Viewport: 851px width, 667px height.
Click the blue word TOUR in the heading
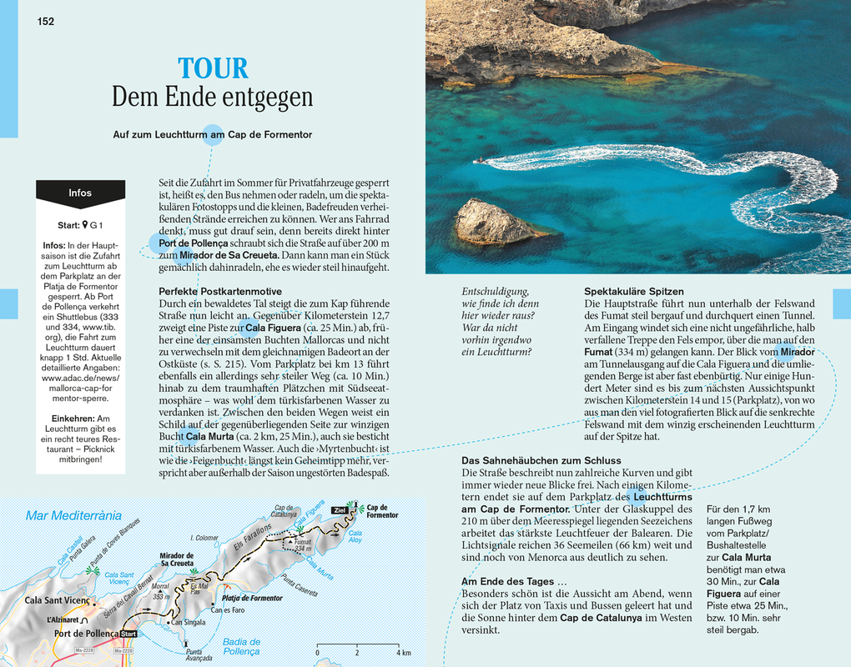click(213, 68)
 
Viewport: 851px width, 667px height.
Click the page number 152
click(46, 21)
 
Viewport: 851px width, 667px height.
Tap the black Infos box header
click(80, 193)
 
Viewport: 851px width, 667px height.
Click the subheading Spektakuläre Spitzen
click(634, 291)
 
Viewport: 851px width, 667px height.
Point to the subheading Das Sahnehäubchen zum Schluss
click(541, 460)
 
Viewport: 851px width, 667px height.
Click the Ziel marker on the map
click(339, 509)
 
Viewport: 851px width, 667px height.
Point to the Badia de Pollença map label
click(241, 646)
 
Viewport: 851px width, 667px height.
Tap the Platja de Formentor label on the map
click(251, 598)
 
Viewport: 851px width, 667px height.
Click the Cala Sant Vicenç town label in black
click(58, 600)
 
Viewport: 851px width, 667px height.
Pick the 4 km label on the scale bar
click(403, 652)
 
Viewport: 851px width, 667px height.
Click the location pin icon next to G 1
click(84, 225)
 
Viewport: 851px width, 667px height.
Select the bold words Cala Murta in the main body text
click(205, 436)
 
